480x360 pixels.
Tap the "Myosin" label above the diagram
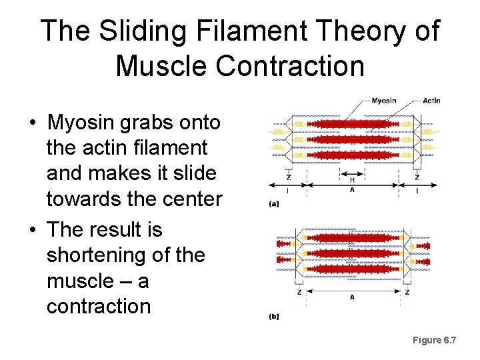click(x=383, y=101)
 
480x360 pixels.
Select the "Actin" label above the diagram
click(x=431, y=101)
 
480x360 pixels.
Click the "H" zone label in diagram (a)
click(x=352, y=179)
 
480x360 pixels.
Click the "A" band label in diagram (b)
click(x=352, y=297)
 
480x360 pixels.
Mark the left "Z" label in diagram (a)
click(x=287, y=177)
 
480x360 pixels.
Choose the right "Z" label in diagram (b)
click(x=407, y=292)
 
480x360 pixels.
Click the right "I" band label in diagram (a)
click(x=417, y=190)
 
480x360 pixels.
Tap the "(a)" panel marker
click(x=273, y=205)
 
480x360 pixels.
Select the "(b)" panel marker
click(x=273, y=317)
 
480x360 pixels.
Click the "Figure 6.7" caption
click(x=434, y=340)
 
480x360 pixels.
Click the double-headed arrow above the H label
click(x=352, y=172)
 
